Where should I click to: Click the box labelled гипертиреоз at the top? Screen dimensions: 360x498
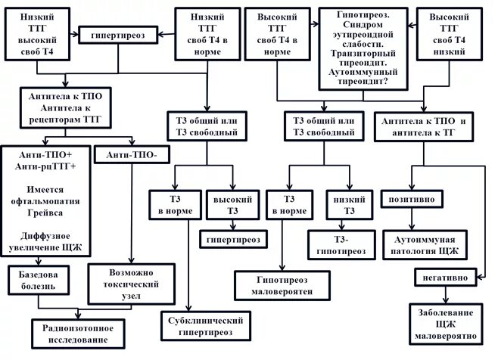coord(118,33)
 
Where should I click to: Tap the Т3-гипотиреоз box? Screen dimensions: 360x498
coord(341,242)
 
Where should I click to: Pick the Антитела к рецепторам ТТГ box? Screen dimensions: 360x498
coord(66,107)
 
